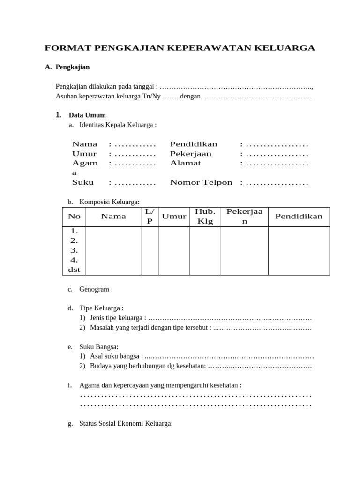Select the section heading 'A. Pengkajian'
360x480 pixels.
(x=67, y=67)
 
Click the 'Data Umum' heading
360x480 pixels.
(x=87, y=115)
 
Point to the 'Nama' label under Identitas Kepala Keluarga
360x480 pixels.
(x=85, y=144)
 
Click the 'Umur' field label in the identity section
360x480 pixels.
(x=84, y=154)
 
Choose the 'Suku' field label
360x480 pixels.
(x=83, y=182)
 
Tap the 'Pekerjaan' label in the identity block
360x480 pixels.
(x=191, y=154)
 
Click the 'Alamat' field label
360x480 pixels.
(x=185, y=163)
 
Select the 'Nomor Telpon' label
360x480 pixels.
(x=201, y=182)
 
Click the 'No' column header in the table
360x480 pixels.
(x=74, y=216)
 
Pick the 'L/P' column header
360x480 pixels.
(x=150, y=216)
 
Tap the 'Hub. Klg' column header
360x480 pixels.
(x=205, y=216)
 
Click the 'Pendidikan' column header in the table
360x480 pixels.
(x=299, y=216)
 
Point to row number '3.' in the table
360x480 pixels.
(x=74, y=250)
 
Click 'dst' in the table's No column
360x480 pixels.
(x=74, y=270)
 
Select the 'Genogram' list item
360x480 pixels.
(x=96, y=289)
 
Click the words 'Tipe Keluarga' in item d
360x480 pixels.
(x=101, y=308)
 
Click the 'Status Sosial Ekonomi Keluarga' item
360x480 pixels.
(x=126, y=423)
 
